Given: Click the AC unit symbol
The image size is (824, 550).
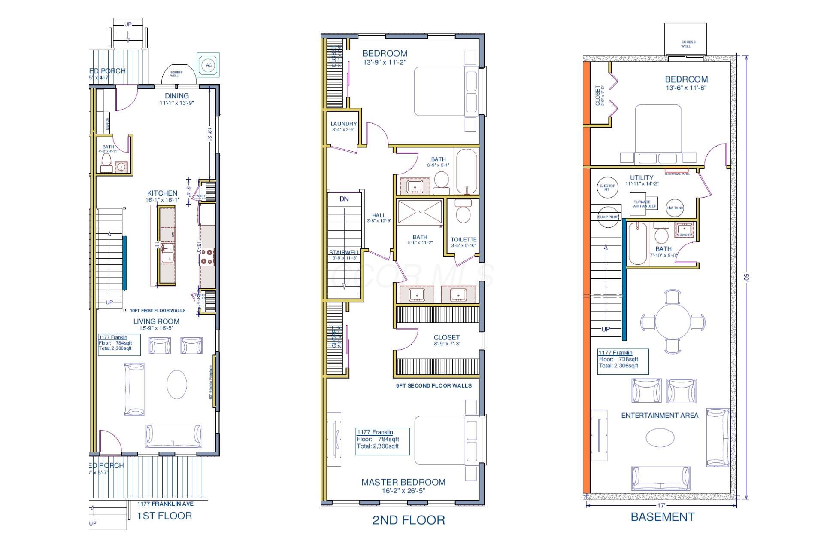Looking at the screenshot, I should coord(209,65).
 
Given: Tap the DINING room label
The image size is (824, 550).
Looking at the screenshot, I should coord(176,96).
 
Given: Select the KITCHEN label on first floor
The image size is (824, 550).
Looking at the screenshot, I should coord(162,193).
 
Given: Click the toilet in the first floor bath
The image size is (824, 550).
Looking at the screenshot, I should coord(106,162).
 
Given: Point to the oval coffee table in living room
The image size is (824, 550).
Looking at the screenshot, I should coord(176,385).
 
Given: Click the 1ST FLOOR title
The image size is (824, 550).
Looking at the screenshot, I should coord(164,516).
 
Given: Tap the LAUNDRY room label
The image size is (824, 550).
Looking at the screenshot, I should coord(343,124).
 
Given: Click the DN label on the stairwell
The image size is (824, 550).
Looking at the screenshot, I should coord(344,199).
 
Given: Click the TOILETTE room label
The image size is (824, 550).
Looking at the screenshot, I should coord(463,240).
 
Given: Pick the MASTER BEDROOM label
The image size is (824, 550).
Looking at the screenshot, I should coord(403,482).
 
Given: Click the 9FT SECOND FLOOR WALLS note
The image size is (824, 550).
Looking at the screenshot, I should coord(433,386).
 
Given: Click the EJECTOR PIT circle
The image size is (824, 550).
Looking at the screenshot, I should coord(606,187).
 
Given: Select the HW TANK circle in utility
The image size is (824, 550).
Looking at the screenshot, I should coord(675,208).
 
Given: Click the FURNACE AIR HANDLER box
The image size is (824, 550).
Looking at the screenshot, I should coord(644,204).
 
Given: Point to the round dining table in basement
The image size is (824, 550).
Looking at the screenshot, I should coord(672,322).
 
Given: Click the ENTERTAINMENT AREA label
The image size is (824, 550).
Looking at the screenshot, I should coord(660,416).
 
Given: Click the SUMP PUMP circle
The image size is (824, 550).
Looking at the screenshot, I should coord(608,217).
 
